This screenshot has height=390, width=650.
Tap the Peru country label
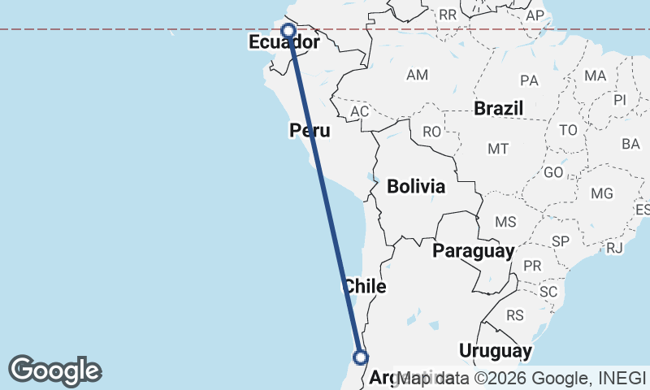(x=310, y=131)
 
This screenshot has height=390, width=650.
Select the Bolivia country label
(x=416, y=186)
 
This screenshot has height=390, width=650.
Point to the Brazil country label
(x=499, y=108)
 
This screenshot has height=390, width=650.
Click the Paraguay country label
(x=473, y=250)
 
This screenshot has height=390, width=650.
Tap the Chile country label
(x=365, y=286)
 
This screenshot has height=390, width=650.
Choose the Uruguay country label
(x=495, y=351)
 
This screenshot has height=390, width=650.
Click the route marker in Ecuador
(x=288, y=31)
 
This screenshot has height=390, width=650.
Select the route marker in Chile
(x=361, y=357)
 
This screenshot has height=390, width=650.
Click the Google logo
(x=54, y=370)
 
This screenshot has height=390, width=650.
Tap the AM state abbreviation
(x=417, y=75)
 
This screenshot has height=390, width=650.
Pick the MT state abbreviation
(x=498, y=149)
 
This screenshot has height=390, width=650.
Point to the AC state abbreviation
(x=359, y=110)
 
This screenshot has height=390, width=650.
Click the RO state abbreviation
(x=431, y=131)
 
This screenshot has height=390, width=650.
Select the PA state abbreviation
(x=530, y=80)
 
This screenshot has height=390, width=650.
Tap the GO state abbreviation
(x=553, y=172)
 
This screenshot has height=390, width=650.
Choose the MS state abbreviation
(x=505, y=222)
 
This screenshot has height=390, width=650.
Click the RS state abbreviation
(x=514, y=314)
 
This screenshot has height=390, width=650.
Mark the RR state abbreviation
(x=448, y=14)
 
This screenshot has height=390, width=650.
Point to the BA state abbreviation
(x=630, y=144)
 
